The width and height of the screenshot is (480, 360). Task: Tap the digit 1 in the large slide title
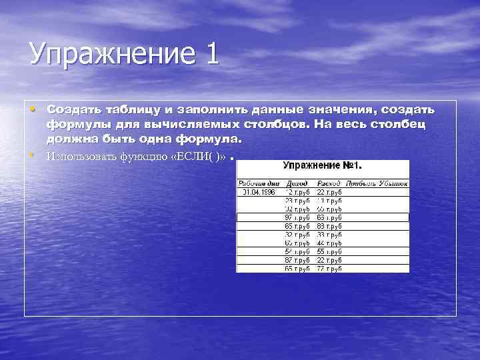click(x=211, y=53)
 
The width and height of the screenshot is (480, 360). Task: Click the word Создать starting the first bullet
click(x=70, y=109)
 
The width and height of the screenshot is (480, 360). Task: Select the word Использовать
click(x=81, y=157)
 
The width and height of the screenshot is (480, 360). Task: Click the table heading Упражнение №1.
click(x=323, y=165)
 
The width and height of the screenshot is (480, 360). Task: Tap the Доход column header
click(x=297, y=182)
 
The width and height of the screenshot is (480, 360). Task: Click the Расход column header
click(x=329, y=182)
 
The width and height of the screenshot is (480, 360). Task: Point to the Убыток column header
click(x=392, y=182)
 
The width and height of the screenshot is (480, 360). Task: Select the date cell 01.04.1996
click(x=258, y=191)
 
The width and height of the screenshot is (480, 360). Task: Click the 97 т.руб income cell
click(x=297, y=217)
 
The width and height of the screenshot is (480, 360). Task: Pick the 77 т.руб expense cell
click(x=329, y=269)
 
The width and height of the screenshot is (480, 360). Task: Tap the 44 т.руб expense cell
click(x=329, y=243)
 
